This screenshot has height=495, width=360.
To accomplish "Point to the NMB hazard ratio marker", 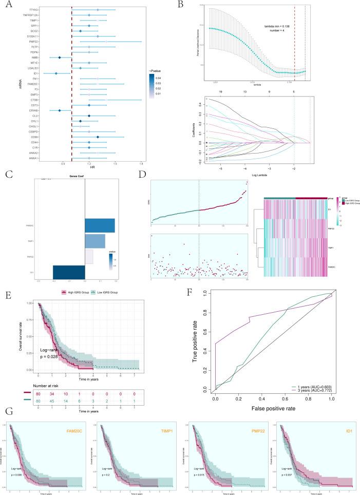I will pyautogui.click(x=60, y=58).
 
